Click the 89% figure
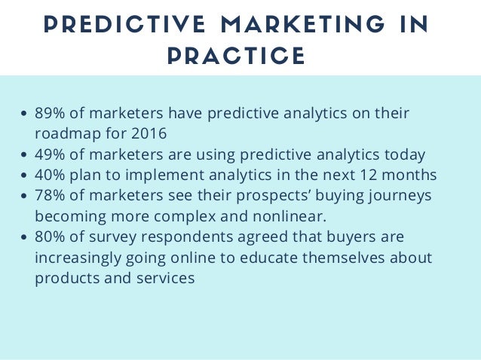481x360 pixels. (49, 114)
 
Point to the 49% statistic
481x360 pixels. (49, 155)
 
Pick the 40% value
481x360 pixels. (49, 175)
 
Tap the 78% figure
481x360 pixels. (49, 196)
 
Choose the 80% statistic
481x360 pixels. (49, 237)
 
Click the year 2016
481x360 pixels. (149, 135)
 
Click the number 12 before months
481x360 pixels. (365, 175)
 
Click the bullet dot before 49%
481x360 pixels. (26, 156)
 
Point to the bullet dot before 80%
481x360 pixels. (26, 238)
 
